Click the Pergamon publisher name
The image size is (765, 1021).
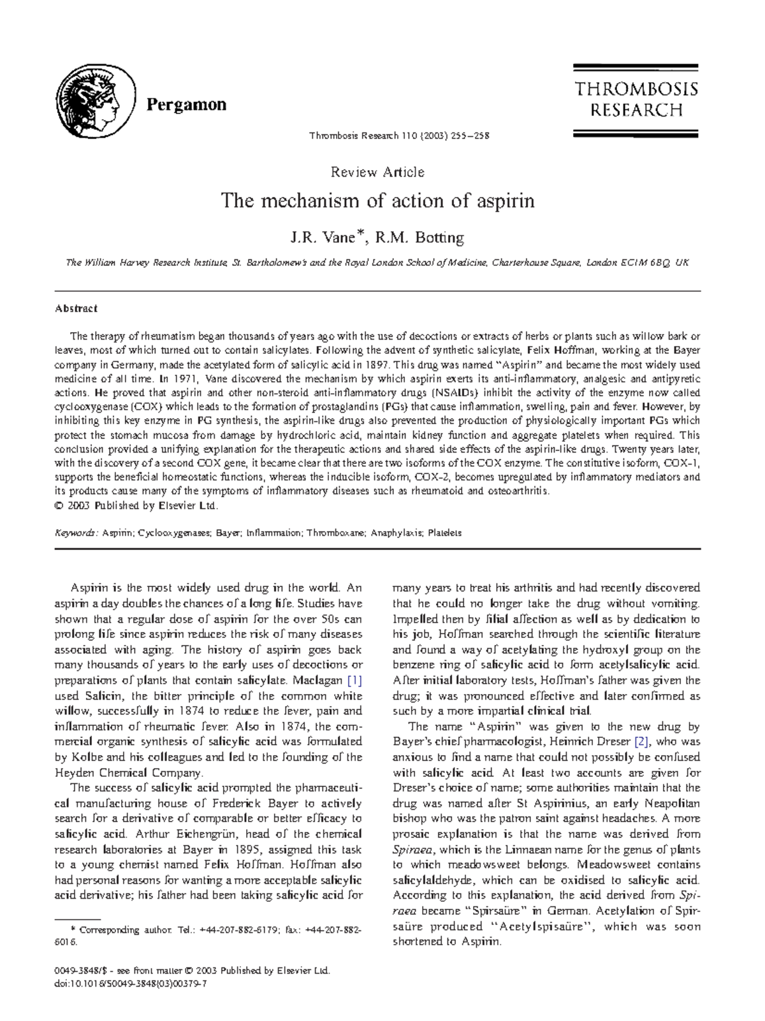(186, 105)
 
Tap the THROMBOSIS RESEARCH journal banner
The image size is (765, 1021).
(636, 100)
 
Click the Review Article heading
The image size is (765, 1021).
(377, 172)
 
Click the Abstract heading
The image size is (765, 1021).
(76, 308)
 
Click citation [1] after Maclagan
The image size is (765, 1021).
(354, 681)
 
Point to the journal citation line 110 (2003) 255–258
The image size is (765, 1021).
(399, 136)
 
